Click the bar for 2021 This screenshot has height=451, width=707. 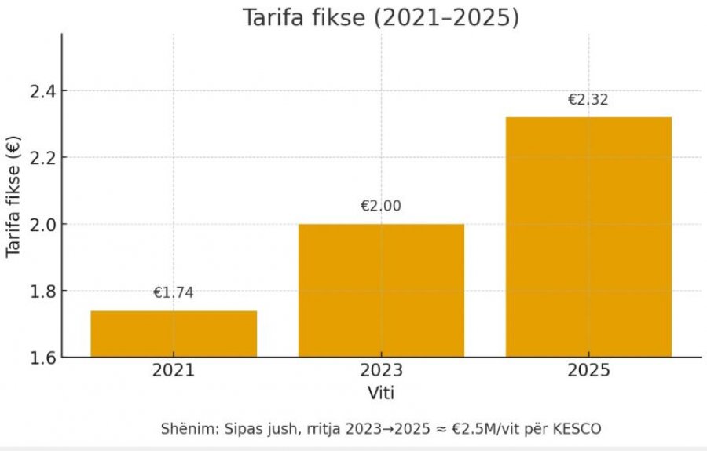pos(174,333)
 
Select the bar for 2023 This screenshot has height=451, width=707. pos(381,290)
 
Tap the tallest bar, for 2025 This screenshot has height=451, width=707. pos(588,236)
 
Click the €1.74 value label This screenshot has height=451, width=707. pos(174,293)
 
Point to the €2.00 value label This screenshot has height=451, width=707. pos(381,207)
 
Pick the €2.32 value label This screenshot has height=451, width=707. pos(588,100)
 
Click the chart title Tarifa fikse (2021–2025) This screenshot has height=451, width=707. pos(381,17)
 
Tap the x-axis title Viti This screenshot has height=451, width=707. pos(381,391)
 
